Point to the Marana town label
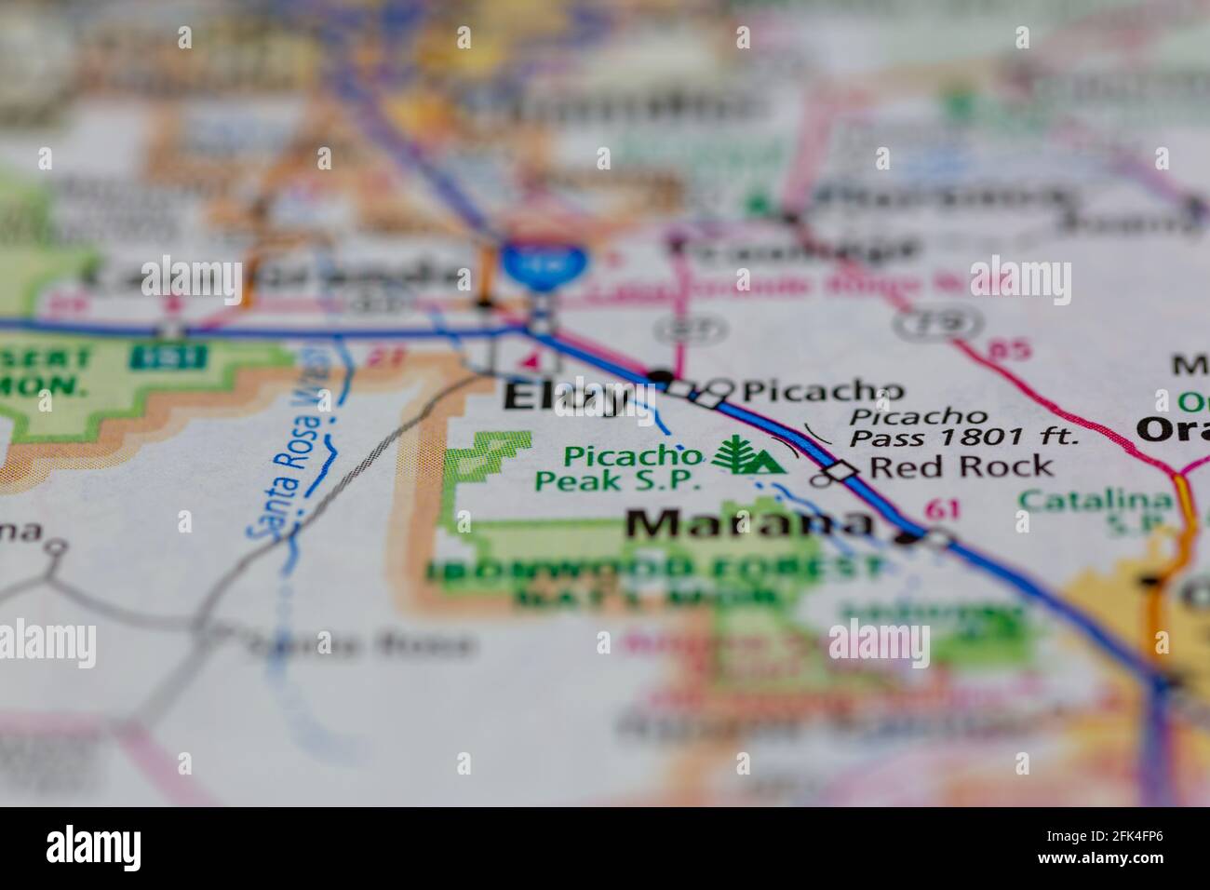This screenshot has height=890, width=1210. coord(749,524)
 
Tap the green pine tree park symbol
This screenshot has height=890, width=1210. coord(735,455)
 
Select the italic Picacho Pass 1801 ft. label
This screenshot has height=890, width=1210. coord(963,425)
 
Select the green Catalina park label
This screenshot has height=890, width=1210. coord(1095,501)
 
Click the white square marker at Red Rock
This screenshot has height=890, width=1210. coord(841,471)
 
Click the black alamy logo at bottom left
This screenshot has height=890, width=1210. coord(94,847)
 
